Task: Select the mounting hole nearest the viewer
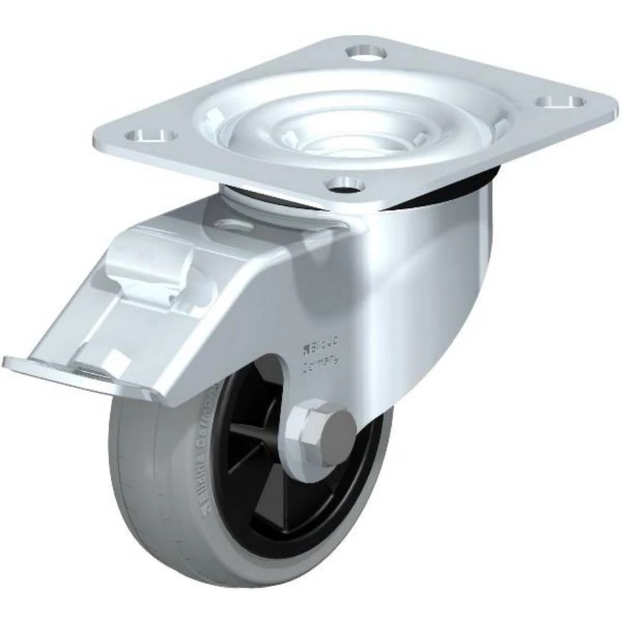[345, 183]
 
